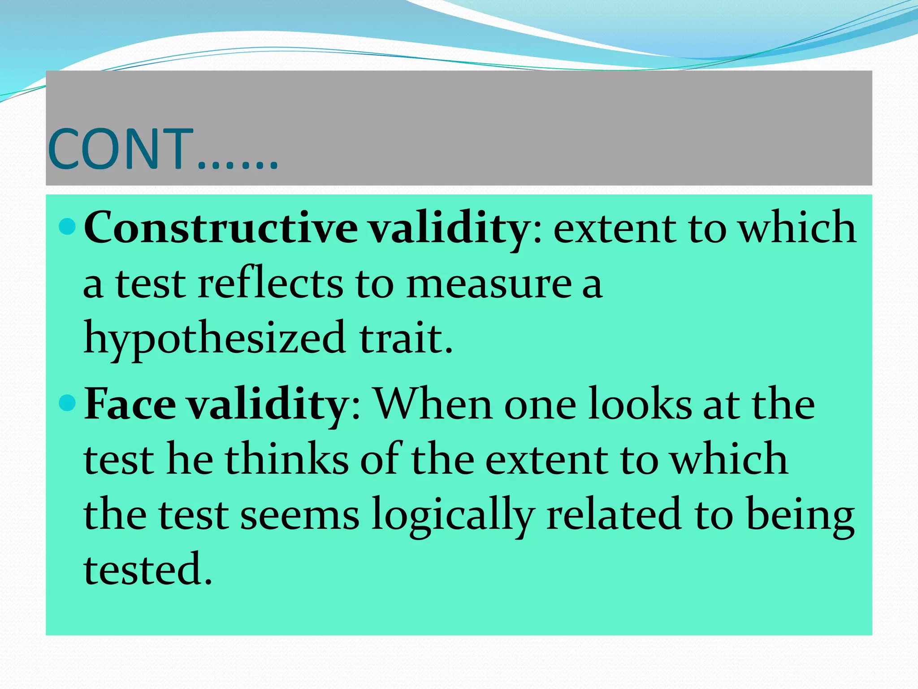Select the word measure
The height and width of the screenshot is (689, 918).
tap(489, 285)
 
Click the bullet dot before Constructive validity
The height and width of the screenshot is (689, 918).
tap(68, 227)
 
